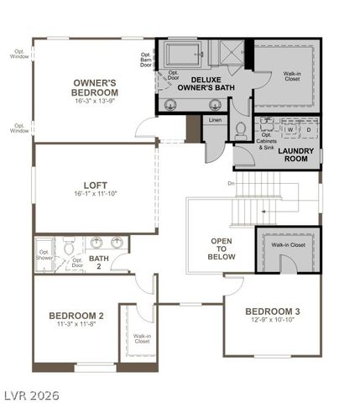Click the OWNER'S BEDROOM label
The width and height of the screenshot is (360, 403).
(x=93, y=87)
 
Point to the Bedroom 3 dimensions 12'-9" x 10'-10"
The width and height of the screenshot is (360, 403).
(x=273, y=322)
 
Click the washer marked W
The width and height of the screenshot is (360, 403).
(x=290, y=129)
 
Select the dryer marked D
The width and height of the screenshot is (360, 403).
(x=308, y=129)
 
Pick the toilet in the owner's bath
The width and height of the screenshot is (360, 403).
(x=240, y=130)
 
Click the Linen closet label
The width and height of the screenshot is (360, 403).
(x=216, y=121)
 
